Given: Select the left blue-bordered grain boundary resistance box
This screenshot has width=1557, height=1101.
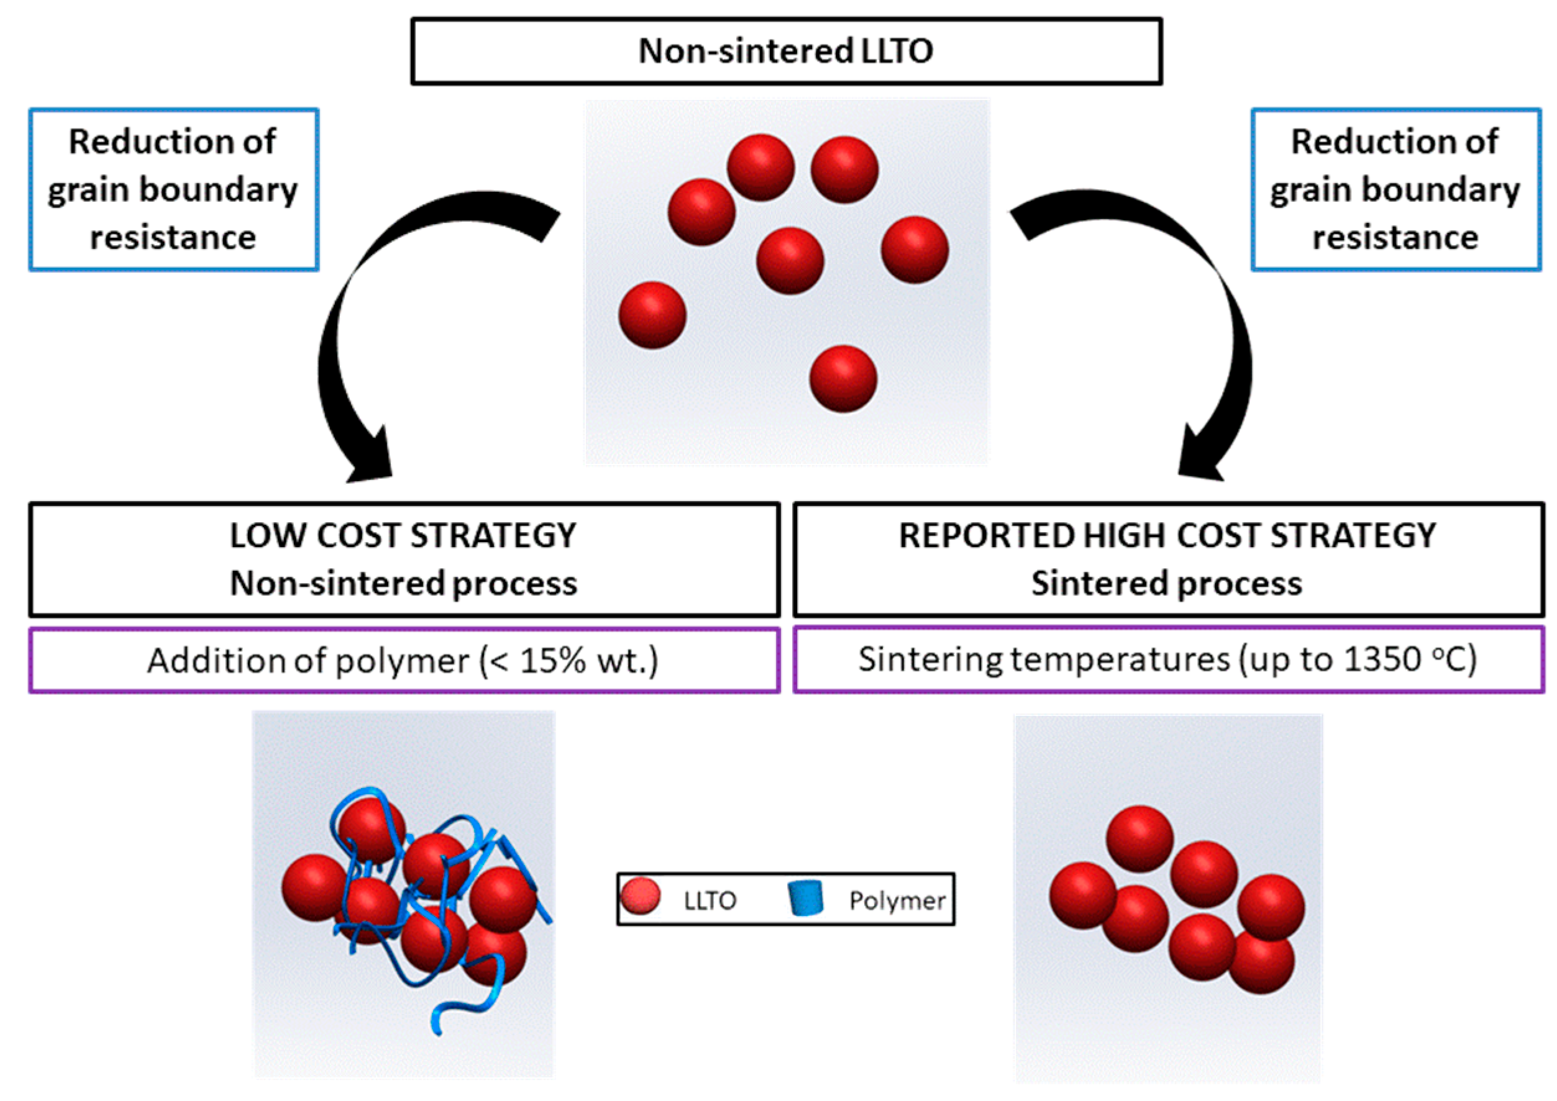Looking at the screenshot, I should click(173, 189).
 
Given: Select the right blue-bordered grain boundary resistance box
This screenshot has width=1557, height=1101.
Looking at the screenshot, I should click(1395, 189).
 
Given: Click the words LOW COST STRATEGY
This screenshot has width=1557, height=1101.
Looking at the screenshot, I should click(403, 535).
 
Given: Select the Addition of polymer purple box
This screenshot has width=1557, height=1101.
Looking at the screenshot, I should click(404, 660).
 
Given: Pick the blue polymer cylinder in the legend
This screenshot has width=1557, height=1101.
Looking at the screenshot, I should click(806, 899).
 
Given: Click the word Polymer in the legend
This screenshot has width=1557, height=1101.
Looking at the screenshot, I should click(897, 900).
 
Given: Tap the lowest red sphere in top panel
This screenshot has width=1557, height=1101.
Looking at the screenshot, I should click(843, 378).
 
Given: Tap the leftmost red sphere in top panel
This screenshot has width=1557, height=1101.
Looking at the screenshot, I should click(652, 315).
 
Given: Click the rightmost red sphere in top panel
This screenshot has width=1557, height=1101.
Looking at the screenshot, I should click(914, 250).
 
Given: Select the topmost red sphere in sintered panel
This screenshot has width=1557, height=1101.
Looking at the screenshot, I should click(1139, 838).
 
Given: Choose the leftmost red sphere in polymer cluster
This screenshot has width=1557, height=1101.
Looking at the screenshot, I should click(313, 887).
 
